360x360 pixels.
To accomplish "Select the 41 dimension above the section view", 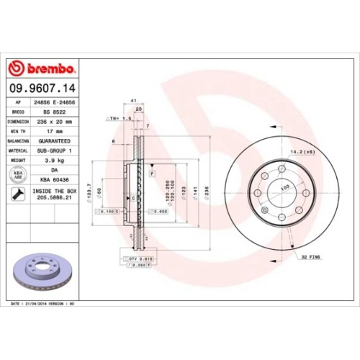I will pos(134,100).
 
